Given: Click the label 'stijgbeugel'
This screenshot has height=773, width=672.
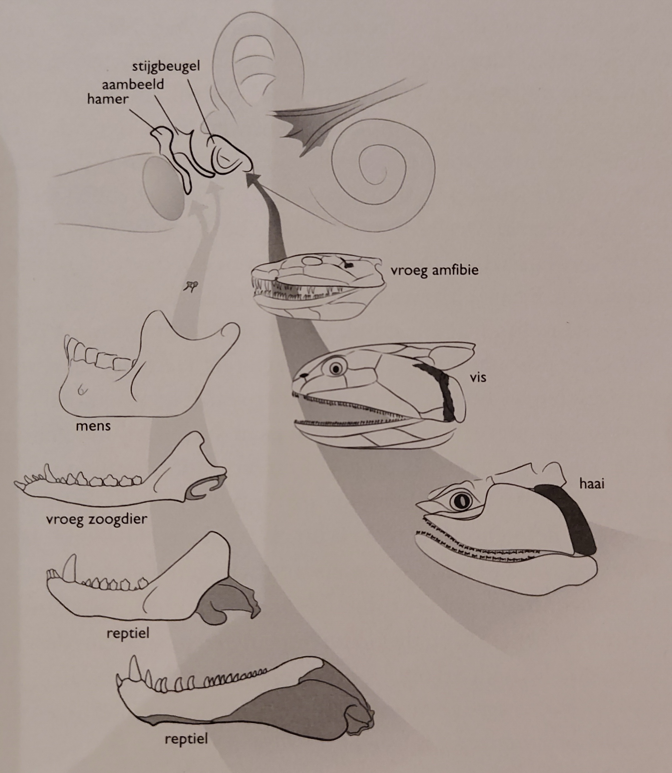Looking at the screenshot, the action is (x=166, y=67).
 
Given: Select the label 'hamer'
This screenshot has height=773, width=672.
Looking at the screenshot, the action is (x=108, y=99).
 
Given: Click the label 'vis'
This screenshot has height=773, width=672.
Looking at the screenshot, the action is (x=478, y=377).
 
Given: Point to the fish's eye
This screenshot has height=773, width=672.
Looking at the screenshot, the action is (x=336, y=369).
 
